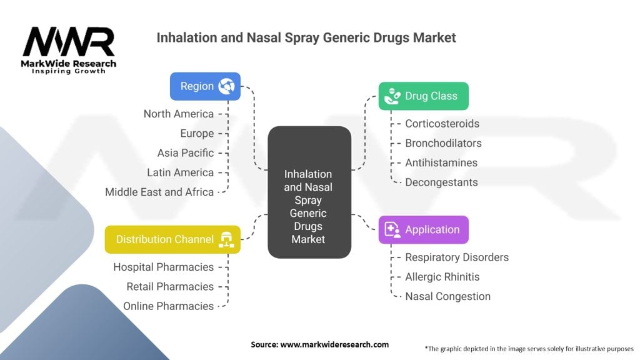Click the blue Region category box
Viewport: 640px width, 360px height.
click(x=205, y=86)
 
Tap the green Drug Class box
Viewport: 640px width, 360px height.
click(x=423, y=96)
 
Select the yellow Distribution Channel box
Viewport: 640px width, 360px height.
click(x=172, y=239)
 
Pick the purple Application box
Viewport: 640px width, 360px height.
click(x=423, y=230)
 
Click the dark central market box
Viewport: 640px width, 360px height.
click(x=308, y=192)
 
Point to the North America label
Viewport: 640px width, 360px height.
click(x=179, y=114)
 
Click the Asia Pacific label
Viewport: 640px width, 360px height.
click(x=186, y=153)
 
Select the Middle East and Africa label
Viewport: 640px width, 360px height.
click(x=159, y=192)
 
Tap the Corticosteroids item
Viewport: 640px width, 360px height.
click(x=442, y=124)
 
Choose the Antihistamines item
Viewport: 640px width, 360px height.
click(x=441, y=163)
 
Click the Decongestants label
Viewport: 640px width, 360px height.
click(x=441, y=182)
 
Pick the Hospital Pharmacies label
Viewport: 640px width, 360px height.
click(x=163, y=267)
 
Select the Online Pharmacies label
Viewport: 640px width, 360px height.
click(x=168, y=306)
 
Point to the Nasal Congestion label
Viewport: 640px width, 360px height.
click(x=447, y=296)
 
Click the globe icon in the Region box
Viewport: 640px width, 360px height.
click(x=226, y=86)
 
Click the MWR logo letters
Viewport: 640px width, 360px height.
click(x=69, y=42)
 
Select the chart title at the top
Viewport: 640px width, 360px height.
click(x=306, y=37)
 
